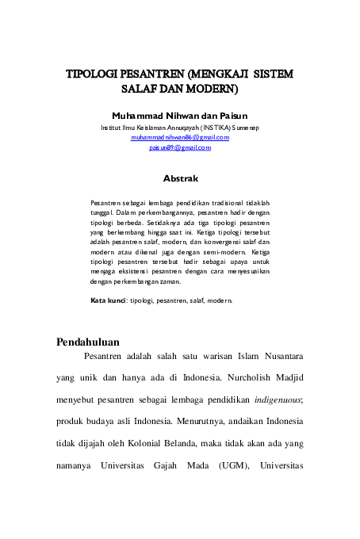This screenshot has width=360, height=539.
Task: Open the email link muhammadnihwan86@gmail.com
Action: (180, 137)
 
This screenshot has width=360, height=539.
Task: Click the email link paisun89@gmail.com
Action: (180, 147)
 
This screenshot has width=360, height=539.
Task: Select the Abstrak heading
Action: (180, 178)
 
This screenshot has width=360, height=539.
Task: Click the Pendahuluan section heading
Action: (88, 343)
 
